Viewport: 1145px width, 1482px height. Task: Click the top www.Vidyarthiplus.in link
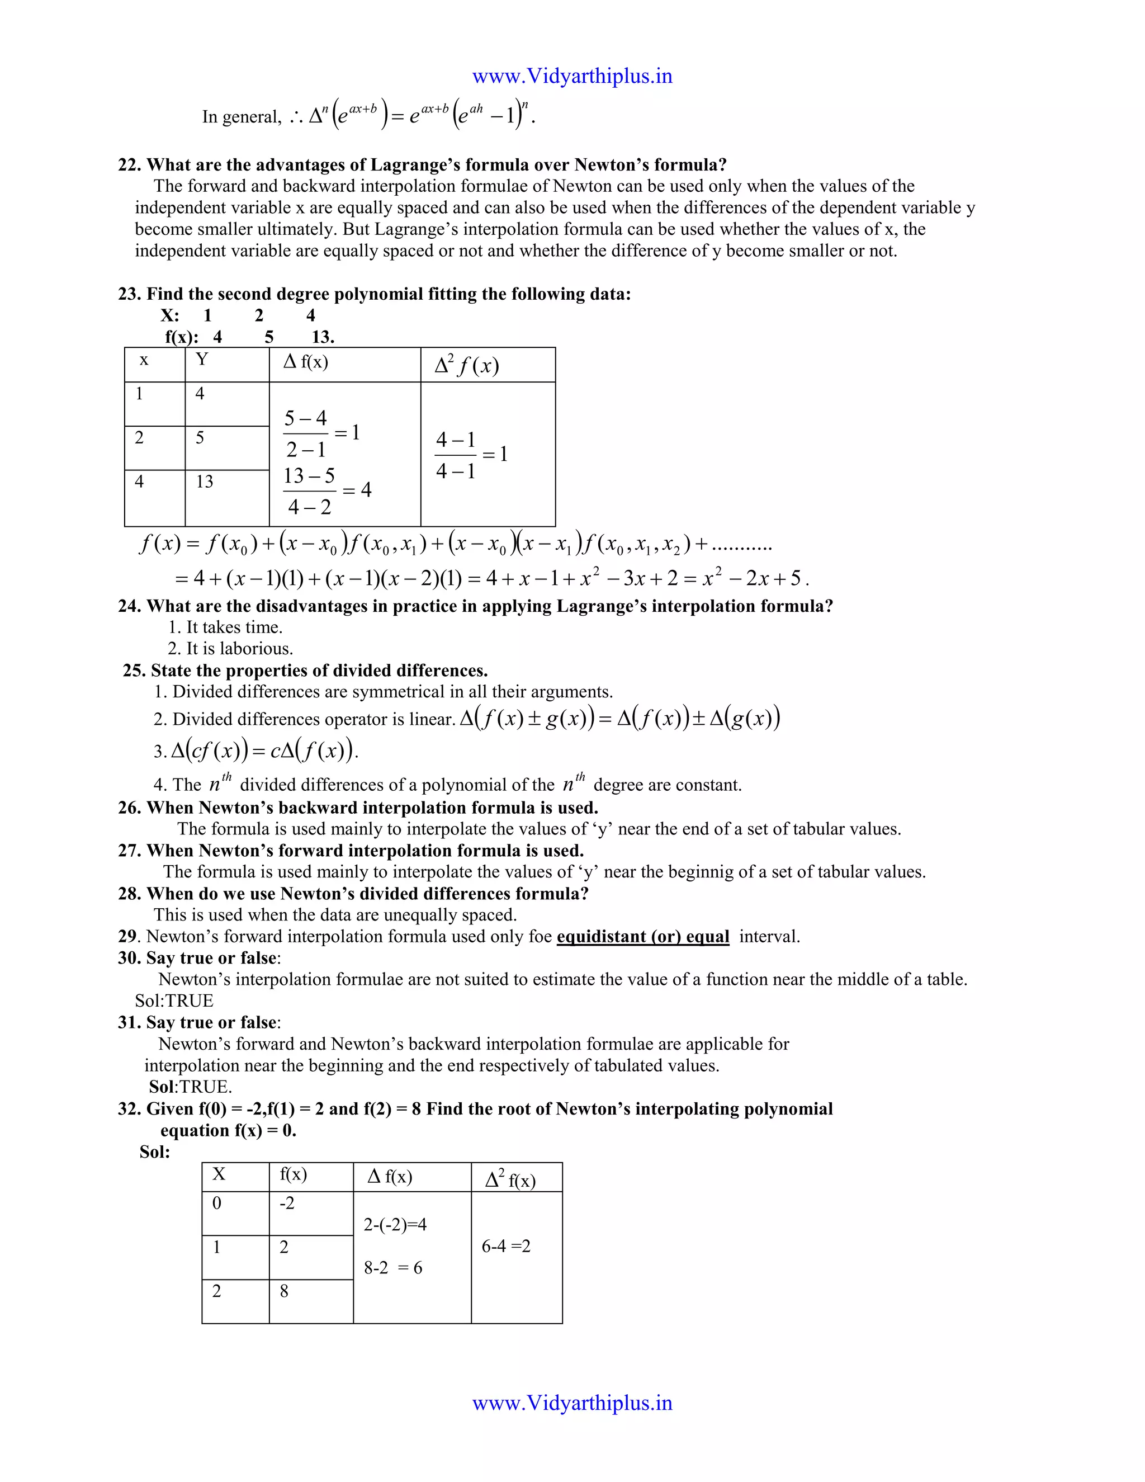[572, 76]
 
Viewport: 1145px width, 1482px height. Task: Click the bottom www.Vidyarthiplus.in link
[572, 1403]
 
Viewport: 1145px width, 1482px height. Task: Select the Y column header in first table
[201, 360]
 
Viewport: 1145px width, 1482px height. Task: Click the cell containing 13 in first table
[204, 482]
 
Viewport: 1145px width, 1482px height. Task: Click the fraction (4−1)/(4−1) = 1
[471, 455]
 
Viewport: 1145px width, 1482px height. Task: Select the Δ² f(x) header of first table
[467, 366]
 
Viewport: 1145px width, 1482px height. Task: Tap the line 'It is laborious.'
[231, 649]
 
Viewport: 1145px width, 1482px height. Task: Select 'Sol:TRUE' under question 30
[174, 1001]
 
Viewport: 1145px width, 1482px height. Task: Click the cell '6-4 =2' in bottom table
[506, 1246]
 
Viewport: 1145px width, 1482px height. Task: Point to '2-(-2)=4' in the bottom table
[395, 1225]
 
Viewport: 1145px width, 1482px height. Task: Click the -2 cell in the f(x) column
[287, 1203]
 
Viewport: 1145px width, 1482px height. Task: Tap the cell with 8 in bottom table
[284, 1291]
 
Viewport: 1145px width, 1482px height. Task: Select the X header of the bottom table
[219, 1174]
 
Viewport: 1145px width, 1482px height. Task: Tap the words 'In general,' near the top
[242, 117]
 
